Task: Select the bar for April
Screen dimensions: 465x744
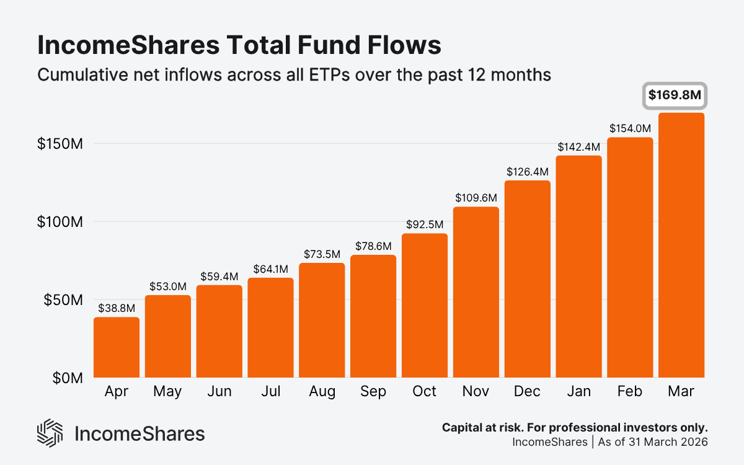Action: (x=117, y=347)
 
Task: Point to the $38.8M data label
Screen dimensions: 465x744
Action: (x=117, y=307)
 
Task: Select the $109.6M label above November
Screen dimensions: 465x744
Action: (x=476, y=198)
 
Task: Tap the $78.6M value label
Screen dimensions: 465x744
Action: (x=373, y=246)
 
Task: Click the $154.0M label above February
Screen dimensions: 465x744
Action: (x=630, y=128)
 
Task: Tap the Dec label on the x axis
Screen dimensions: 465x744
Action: (x=527, y=392)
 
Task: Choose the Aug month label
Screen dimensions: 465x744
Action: (x=322, y=392)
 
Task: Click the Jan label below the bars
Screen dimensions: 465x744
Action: (x=578, y=392)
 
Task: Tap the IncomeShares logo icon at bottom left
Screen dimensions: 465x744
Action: (x=50, y=433)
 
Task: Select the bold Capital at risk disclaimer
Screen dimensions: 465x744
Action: (x=575, y=428)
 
